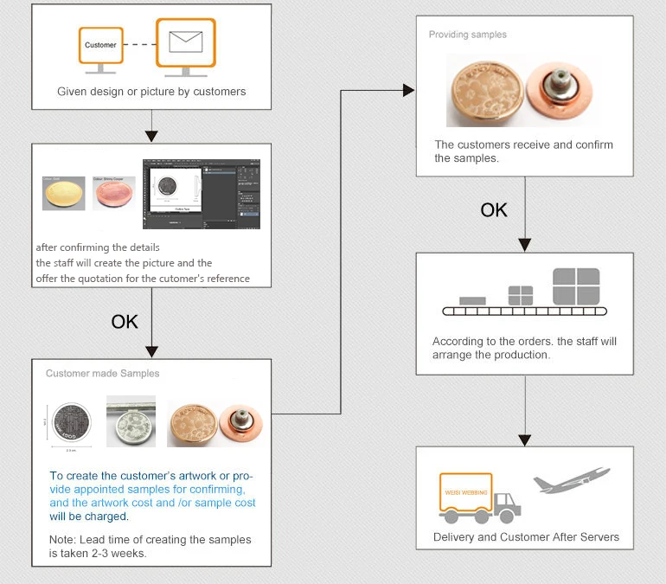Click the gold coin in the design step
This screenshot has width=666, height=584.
point(64,193)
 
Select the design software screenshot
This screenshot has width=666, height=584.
point(202,193)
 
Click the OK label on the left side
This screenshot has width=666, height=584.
point(125,322)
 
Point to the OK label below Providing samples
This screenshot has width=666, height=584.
point(494,210)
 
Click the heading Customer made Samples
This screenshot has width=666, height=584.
point(102,374)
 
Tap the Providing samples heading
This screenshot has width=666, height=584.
point(468,35)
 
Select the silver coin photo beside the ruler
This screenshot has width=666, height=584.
point(131,421)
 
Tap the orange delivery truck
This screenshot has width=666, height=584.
point(479,499)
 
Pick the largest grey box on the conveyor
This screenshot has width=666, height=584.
point(575,286)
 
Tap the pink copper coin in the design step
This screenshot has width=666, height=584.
point(113,194)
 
